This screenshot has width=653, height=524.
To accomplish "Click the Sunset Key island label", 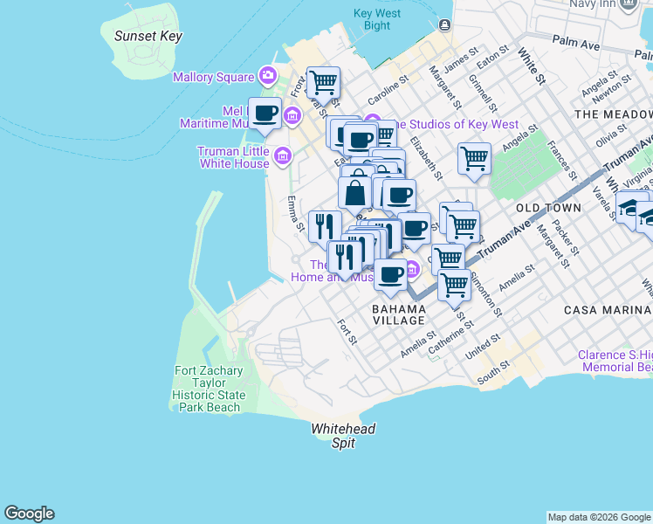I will coord(148,36).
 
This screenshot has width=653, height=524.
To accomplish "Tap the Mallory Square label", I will coord(213,77).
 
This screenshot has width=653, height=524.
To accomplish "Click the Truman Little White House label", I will coord(233,157).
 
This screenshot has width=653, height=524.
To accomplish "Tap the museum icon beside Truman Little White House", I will coord(282,157).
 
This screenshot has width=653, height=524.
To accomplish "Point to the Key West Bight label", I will coord(377,19).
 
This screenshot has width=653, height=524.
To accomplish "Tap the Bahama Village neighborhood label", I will coord(398,314).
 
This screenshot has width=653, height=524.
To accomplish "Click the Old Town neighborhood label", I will coord(548,208).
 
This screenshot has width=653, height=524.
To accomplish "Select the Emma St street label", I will coord(294,215).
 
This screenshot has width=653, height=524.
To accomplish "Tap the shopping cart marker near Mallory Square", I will coord(324,83).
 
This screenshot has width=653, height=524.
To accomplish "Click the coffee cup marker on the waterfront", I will coord(265,113).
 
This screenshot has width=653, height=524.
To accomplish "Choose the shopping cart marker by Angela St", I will coord(474,159).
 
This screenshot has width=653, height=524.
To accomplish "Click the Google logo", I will coord(29,514).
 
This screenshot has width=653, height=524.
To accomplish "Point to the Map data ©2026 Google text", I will coord(599,517).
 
